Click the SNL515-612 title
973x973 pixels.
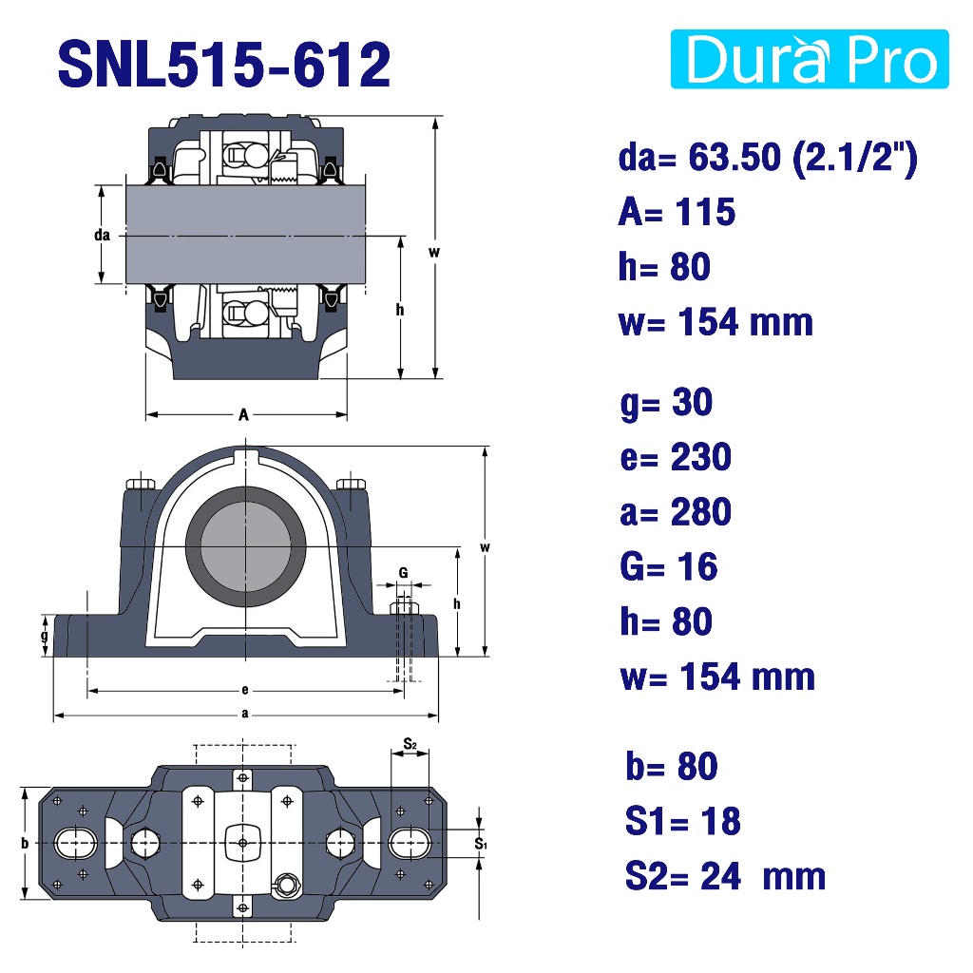(x=223, y=65)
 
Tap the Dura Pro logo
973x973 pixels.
(x=810, y=59)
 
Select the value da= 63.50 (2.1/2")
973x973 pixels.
(x=768, y=158)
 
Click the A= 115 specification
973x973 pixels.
(x=677, y=212)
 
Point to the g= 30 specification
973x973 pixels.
(x=666, y=403)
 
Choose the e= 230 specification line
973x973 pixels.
(x=676, y=457)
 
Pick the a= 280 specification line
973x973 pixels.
(x=676, y=512)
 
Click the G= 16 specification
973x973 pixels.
(x=669, y=566)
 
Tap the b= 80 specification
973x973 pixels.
(x=672, y=766)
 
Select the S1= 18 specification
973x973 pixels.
(x=682, y=821)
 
